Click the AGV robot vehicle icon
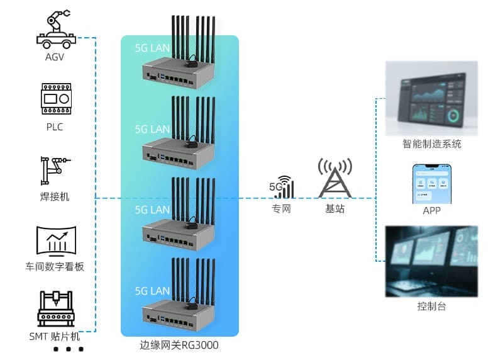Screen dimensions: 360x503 click(x=55, y=30)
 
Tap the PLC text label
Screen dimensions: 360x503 click(x=55, y=127)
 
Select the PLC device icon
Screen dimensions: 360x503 click(x=55, y=98)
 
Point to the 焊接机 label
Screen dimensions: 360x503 click(x=55, y=197)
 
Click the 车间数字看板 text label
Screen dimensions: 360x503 click(x=55, y=267)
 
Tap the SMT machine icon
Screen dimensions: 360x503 click(x=55, y=309)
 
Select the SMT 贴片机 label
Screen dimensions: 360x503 click(x=55, y=336)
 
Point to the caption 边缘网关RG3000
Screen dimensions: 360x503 click(x=179, y=345)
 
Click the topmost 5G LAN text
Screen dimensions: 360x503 click(x=152, y=48)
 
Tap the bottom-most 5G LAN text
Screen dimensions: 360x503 click(x=152, y=291)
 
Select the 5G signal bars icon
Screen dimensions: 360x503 click(x=282, y=187)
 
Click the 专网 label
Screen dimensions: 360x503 click(x=282, y=209)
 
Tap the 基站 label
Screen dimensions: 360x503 click(x=334, y=209)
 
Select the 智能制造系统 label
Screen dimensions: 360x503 click(x=432, y=144)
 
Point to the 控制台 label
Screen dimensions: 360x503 click(x=432, y=307)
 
